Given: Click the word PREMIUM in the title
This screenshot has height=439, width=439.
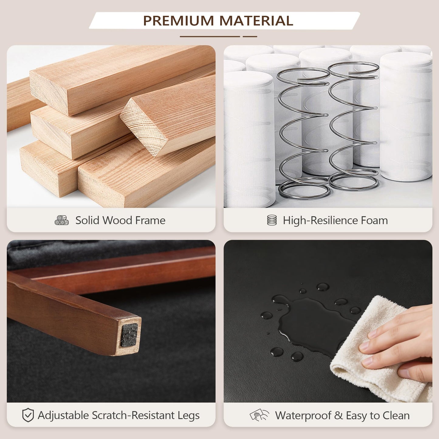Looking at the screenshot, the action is point(178,21).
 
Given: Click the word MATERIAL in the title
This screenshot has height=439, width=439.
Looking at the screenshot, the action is point(256,21).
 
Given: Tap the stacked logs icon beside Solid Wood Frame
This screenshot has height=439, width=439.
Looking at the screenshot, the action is point(61,220).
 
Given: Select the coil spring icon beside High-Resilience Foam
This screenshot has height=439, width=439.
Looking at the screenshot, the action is point(272,220).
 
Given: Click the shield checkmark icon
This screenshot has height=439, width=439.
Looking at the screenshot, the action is point(28,415).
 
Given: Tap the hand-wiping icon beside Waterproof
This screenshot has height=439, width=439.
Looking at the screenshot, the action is point(259,415).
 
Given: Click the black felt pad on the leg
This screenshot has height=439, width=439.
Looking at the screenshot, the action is point(129,335).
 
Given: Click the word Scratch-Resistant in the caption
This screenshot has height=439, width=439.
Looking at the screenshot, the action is point(133,415).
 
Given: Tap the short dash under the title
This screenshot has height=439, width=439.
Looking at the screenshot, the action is point(250,36).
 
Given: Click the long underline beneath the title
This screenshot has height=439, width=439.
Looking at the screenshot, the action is point(210,36).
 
